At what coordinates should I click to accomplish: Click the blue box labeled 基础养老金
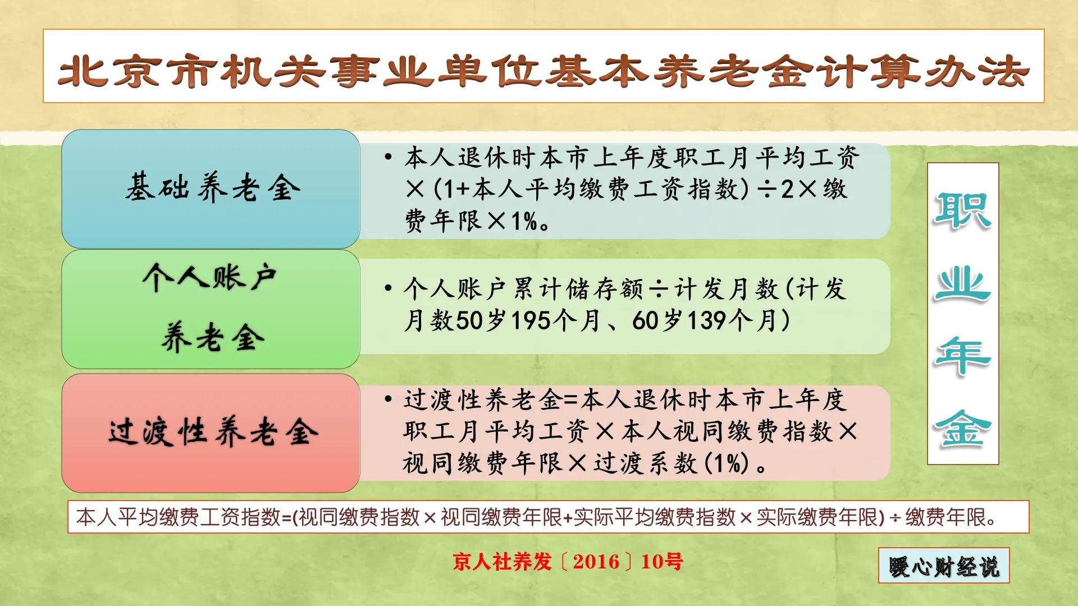(211, 189)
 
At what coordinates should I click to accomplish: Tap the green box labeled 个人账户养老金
(211, 309)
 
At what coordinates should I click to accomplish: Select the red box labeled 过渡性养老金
(211, 433)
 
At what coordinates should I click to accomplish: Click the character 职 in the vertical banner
(962, 210)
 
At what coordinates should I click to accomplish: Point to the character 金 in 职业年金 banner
(962, 429)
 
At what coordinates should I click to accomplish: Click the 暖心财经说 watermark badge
(944, 566)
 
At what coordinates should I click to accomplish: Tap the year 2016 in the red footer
(596, 562)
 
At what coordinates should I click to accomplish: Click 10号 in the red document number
(662, 562)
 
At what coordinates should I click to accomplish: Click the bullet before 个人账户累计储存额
(388, 289)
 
